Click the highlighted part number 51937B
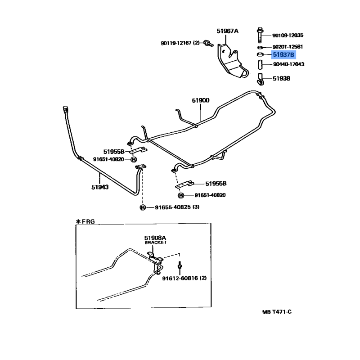coord(283,55)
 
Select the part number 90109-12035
coord(288,35)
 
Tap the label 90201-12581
coord(288,47)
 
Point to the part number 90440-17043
coord(288,64)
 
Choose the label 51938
coord(281,78)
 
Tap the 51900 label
coord(201,101)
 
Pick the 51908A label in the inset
coord(155,237)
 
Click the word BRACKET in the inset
coord(155,243)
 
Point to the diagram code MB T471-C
coord(278,312)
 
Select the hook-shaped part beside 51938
coord(261,80)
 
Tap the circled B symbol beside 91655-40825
coord(143,207)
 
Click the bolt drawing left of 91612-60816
coord(180,267)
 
